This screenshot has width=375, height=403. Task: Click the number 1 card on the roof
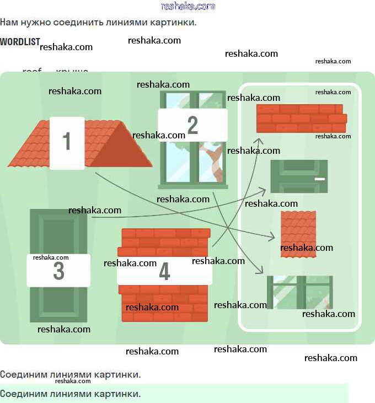(67, 142)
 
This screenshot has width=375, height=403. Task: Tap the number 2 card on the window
(192, 125)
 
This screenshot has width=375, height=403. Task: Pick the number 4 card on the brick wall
(164, 271)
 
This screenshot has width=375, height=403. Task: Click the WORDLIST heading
(20, 42)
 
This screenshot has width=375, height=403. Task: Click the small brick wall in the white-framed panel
(301, 118)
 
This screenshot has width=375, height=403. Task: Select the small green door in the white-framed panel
(298, 176)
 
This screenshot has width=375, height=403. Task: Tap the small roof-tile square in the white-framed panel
(298, 234)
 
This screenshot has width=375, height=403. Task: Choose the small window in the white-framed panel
(299, 292)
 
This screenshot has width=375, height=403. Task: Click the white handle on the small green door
(319, 179)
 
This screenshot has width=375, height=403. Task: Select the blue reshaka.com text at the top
(187, 6)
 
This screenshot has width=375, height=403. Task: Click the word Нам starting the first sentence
(8, 23)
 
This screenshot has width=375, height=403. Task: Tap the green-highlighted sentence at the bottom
(71, 394)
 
